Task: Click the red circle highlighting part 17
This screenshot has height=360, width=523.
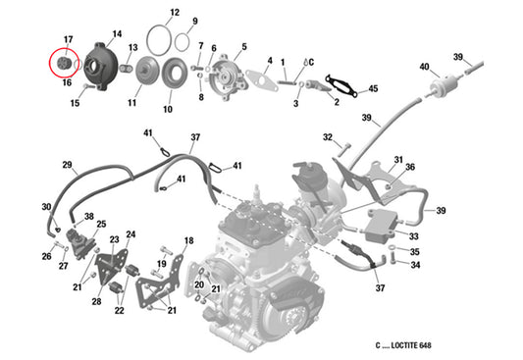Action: [x=63, y=64]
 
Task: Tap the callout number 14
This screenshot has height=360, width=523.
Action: [x=117, y=33]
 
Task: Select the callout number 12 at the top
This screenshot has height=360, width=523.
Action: [x=174, y=13]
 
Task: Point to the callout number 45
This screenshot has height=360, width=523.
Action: [x=372, y=90]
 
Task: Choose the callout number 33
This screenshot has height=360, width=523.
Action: [x=414, y=236]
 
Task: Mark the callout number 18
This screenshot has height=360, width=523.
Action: [x=188, y=240]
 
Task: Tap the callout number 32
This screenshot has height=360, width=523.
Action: [x=328, y=137]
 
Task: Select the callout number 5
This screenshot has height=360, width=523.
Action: [x=243, y=46]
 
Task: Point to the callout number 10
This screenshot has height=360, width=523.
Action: [x=167, y=109]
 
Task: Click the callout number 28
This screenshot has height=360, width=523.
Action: [x=96, y=302]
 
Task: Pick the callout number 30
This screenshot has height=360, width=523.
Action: [x=46, y=206]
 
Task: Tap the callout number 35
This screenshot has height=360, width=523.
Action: [x=414, y=251]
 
